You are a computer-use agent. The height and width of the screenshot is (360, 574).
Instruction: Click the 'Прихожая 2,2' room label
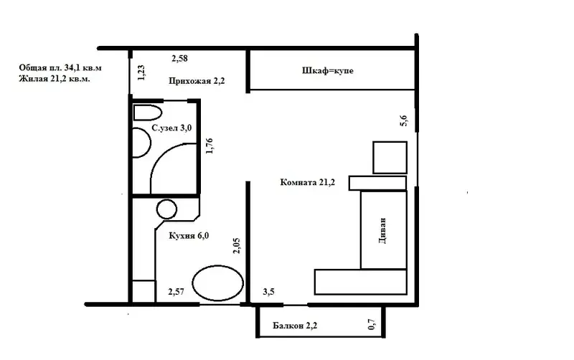[197, 81]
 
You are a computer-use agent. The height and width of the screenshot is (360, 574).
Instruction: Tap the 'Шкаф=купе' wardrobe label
[328, 70]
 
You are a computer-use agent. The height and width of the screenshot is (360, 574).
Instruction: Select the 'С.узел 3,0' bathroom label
[171, 128]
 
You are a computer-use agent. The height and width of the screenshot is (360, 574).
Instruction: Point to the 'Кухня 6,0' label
[189, 236]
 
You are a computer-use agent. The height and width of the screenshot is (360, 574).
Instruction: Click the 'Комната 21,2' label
[308, 182]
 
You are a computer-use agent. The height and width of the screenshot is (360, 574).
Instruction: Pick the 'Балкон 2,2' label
[295, 326]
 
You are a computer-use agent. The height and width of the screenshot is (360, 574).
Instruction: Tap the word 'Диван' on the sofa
[383, 231]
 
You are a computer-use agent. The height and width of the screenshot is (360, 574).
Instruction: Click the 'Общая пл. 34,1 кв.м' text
[60, 67]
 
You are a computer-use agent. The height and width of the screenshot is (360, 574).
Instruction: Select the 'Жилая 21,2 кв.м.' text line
[55, 79]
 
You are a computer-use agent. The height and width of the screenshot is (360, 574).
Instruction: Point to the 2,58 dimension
[180, 58]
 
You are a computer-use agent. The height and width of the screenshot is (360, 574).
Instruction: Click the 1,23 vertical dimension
[141, 73]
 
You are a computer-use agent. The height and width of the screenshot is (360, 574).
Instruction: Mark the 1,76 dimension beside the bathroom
[210, 146]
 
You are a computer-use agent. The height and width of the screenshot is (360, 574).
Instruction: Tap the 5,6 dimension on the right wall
[403, 120]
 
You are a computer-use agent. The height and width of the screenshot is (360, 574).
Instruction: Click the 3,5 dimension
[268, 292]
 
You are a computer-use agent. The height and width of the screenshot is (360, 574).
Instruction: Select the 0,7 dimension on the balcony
[372, 324]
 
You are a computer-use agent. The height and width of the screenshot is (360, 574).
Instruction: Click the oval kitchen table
[218, 283]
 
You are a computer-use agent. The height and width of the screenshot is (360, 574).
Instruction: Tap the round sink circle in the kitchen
[167, 209]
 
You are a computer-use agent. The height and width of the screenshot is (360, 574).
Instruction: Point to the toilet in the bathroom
[148, 113]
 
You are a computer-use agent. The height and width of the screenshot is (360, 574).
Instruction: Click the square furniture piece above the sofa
[390, 158]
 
